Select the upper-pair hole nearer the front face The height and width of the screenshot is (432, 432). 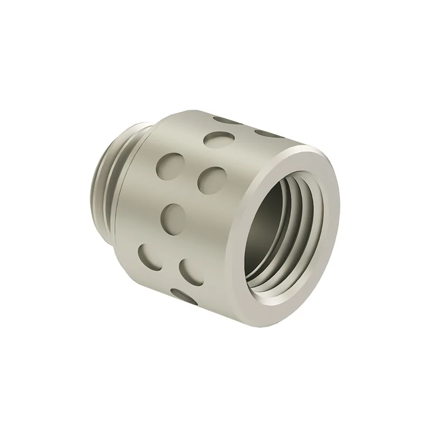click(x=210, y=178)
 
